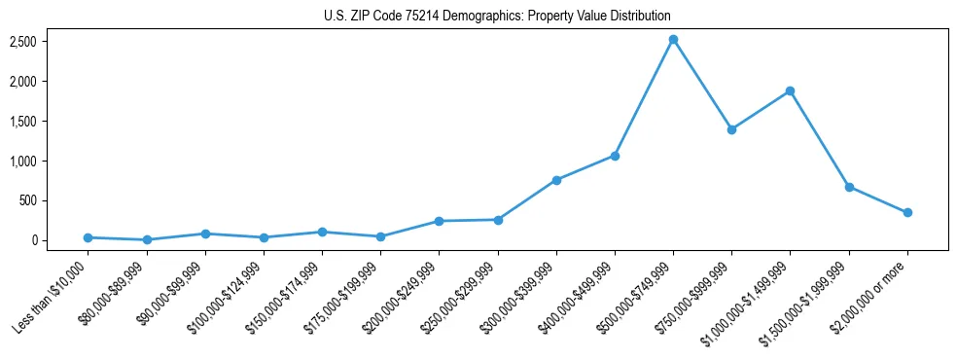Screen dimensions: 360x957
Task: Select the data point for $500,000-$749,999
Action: pyautogui.click(x=673, y=40)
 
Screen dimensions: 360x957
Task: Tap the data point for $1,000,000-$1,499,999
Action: pyautogui.click(x=790, y=91)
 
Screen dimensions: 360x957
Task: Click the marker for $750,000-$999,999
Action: pyautogui.click(x=731, y=129)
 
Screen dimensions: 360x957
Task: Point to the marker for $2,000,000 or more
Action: pyautogui.click(x=907, y=212)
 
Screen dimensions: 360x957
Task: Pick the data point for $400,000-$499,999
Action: pyautogui.click(x=615, y=156)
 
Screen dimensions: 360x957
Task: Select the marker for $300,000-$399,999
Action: pyautogui.click(x=556, y=180)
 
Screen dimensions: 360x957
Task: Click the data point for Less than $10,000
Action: pyautogui.click(x=88, y=237)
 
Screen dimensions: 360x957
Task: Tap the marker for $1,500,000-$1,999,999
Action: pyautogui.click(x=849, y=187)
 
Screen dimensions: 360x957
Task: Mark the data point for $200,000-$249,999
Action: pyautogui.click(x=439, y=221)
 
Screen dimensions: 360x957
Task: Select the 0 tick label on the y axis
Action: pyautogui.click(x=60, y=240)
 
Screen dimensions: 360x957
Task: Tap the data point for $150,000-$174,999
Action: pyautogui.click(x=322, y=232)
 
